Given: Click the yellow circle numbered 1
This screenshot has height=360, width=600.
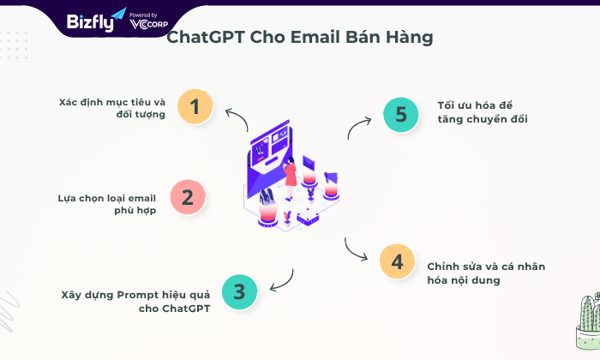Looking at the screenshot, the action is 195,106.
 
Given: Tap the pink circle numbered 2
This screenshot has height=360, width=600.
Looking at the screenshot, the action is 188,197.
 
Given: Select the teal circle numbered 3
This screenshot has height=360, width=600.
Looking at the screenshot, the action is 239,291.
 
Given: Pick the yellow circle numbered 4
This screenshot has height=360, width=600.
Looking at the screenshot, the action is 397,261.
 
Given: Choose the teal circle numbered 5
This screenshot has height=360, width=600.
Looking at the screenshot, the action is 401,114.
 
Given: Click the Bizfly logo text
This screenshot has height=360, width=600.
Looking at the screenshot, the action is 91,22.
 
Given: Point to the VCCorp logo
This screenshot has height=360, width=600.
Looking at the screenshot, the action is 148,21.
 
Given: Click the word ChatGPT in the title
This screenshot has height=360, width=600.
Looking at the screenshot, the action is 206,38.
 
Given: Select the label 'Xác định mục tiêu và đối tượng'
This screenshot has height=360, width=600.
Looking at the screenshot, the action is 112,108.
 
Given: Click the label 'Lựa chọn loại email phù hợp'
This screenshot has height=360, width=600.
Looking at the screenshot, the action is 107,204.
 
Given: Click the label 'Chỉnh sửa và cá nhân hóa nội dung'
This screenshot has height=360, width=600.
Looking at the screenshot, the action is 486,273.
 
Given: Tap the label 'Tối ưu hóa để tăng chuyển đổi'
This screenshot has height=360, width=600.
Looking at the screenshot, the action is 483,112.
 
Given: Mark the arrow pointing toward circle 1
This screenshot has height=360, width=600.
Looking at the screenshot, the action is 239,117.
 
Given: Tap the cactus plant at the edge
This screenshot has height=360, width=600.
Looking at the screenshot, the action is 590,321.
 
